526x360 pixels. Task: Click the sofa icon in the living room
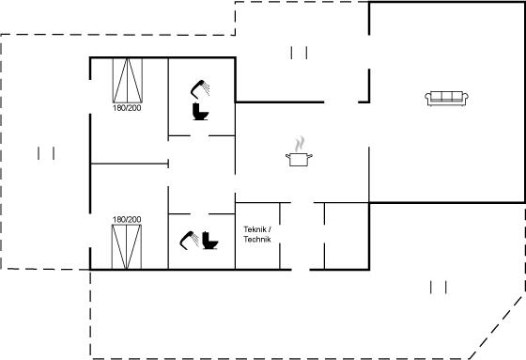(x=446, y=99)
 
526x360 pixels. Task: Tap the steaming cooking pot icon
(x=299, y=151)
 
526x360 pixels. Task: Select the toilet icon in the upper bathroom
(x=200, y=112)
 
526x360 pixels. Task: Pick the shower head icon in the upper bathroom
(x=200, y=89)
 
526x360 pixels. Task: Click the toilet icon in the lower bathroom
(x=210, y=240)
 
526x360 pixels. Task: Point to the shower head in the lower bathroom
(x=189, y=240)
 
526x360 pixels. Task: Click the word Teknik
(x=255, y=229)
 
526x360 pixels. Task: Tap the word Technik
(x=257, y=240)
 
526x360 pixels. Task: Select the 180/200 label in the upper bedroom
(x=127, y=108)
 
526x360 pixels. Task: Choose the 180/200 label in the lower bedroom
(x=127, y=220)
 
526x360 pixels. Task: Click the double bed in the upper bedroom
(x=128, y=81)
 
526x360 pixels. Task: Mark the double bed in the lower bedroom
(x=127, y=247)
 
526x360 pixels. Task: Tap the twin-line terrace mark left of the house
(x=46, y=153)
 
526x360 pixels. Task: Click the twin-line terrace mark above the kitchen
(x=299, y=53)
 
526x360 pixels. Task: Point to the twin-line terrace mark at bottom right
(x=438, y=288)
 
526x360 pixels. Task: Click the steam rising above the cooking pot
(x=300, y=144)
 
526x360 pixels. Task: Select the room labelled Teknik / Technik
(x=257, y=236)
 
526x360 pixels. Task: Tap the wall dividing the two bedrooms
(x=130, y=164)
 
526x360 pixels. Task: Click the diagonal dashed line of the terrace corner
(x=497, y=326)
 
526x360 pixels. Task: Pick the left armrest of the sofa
(x=427, y=99)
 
